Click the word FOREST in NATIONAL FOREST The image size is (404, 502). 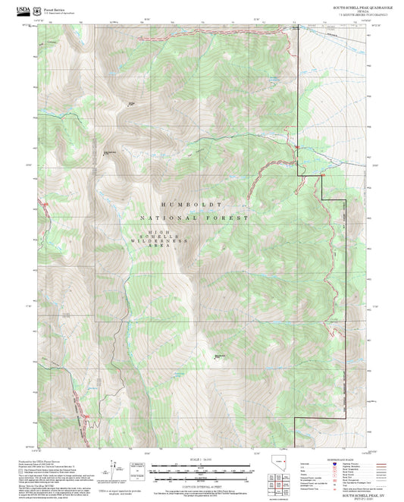(x=231, y=218)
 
